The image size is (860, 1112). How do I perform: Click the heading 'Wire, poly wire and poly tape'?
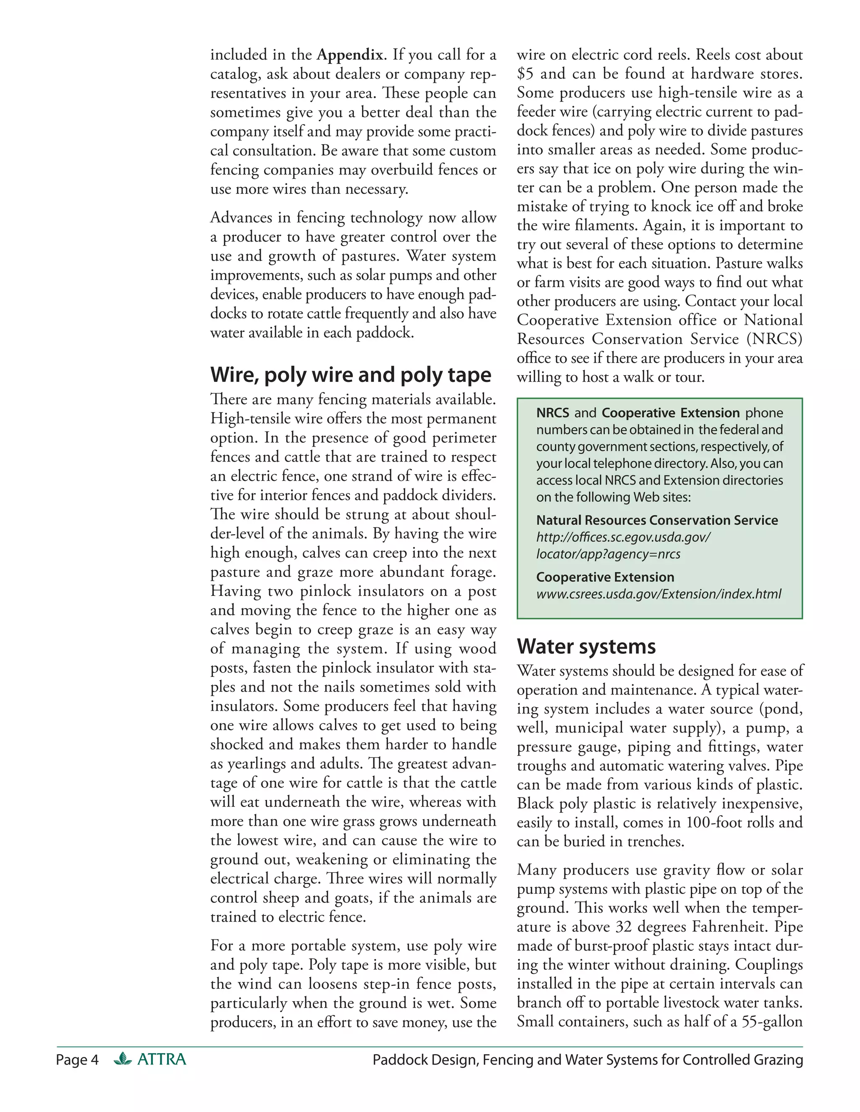coord(351,375)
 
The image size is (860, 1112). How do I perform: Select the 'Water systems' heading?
coord(586,647)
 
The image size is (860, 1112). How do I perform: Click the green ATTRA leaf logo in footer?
coord(123,1059)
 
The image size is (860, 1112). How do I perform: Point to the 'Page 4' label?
coord(77,1060)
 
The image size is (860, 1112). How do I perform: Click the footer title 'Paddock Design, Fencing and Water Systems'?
coord(587,1060)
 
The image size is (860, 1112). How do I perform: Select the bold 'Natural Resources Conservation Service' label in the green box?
coord(657,520)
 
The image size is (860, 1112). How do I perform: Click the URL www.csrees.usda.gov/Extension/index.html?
coord(658,594)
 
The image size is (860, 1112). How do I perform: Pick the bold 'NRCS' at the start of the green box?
coord(552,413)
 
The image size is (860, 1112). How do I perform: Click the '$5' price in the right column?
coord(525,74)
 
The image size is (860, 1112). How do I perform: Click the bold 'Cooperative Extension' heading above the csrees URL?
coord(605,577)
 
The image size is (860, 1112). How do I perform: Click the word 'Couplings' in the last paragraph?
coord(769,964)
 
